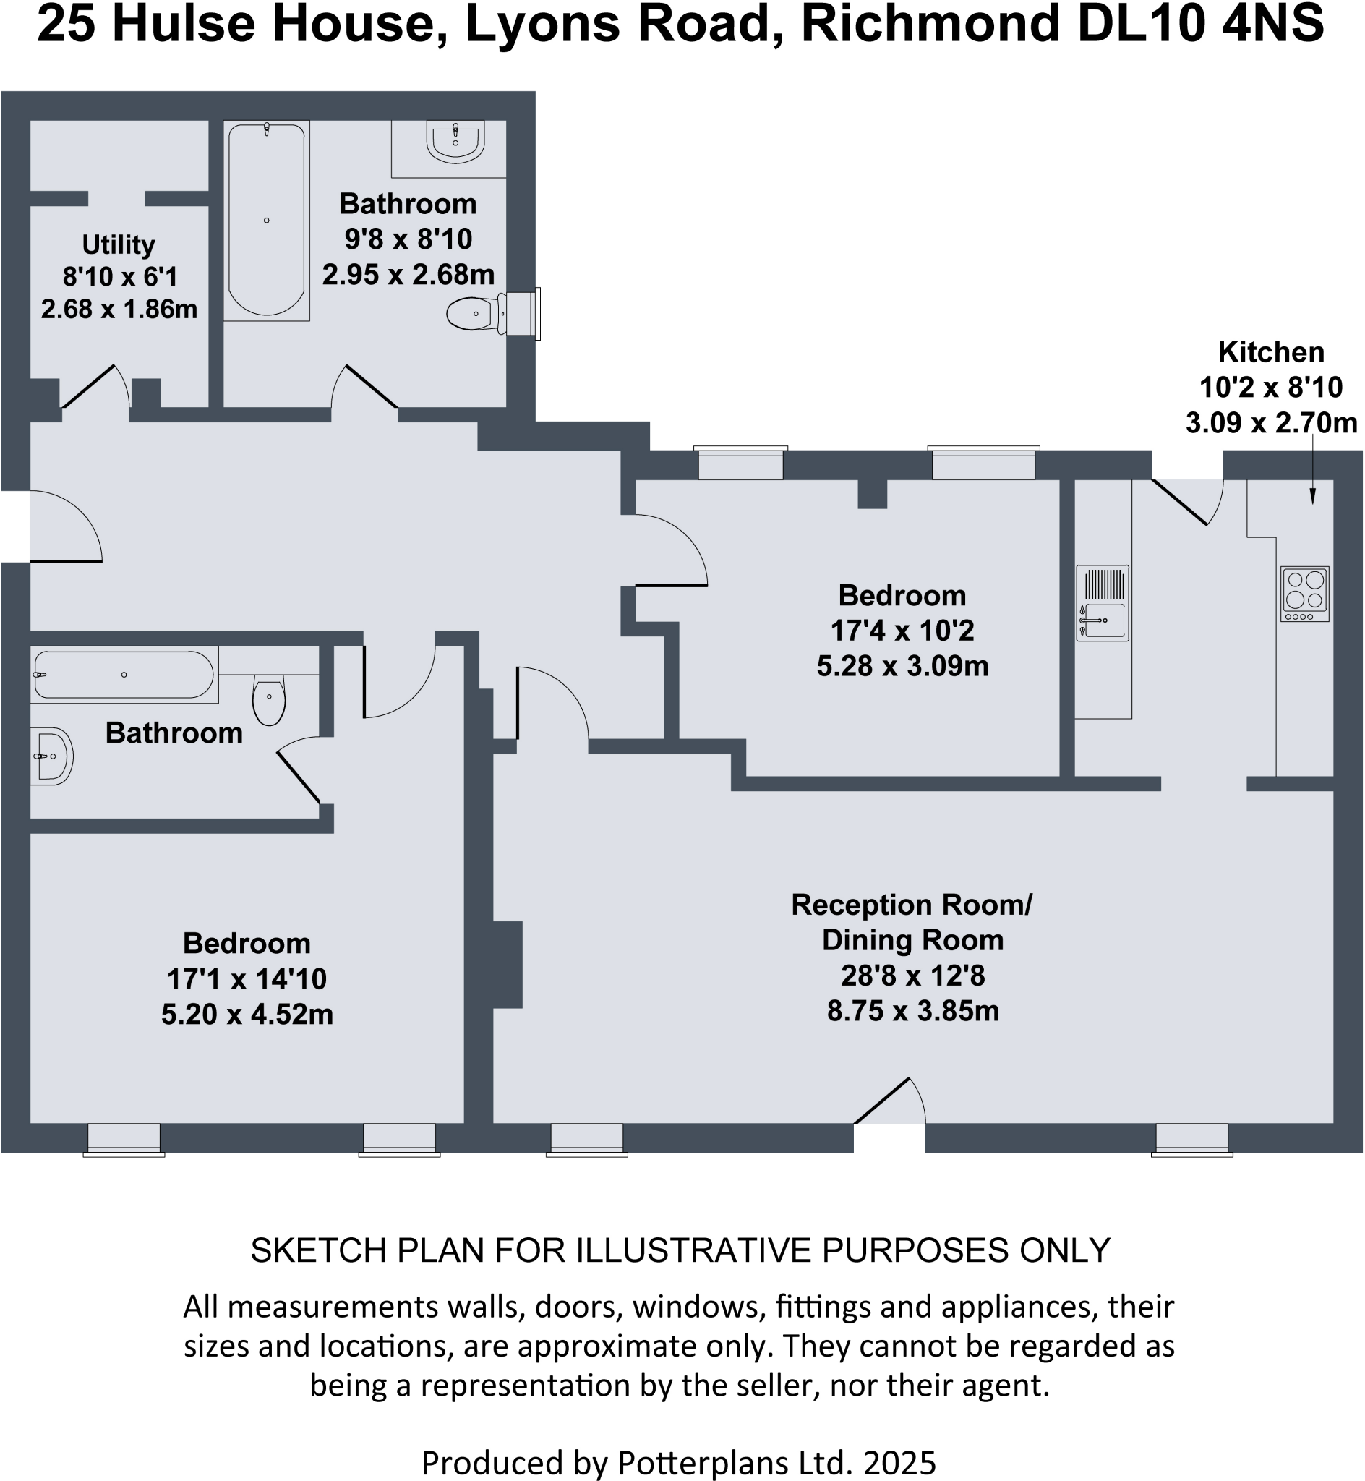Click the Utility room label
tap(118, 244)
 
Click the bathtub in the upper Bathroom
tap(266, 220)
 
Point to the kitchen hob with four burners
tap(1304, 593)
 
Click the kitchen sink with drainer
tap(1102, 603)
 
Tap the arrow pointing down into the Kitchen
tap(1312, 473)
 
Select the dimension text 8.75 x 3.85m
tap(913, 1010)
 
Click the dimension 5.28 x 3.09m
tap(902, 665)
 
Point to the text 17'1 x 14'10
tap(247, 978)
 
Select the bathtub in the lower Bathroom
tap(124, 675)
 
